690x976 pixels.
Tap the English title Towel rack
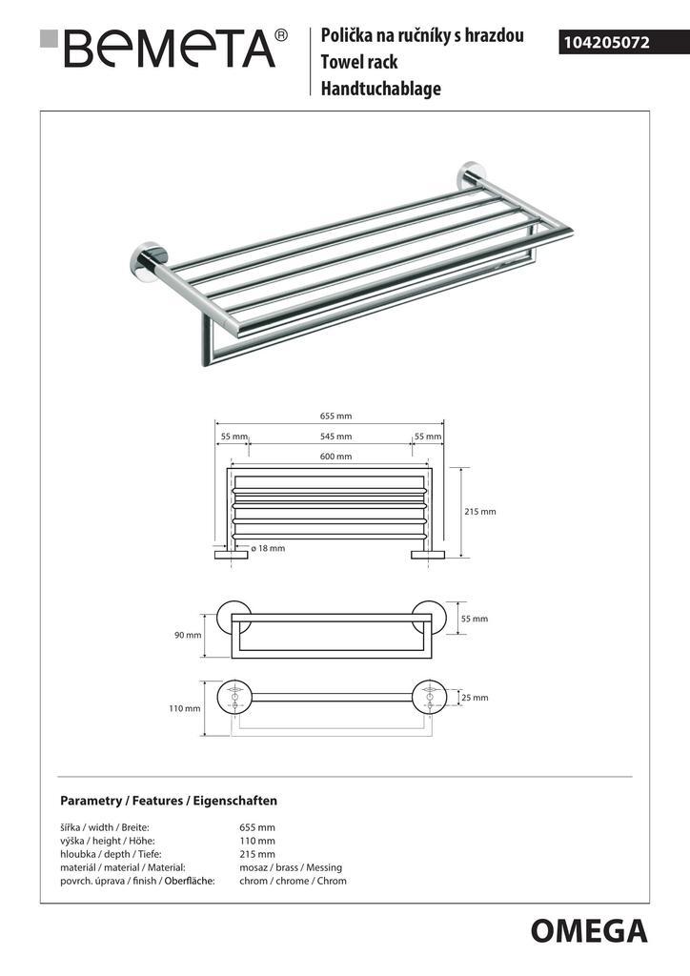point(359,63)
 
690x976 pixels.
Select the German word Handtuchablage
point(381,90)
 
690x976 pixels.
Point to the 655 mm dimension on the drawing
point(336,416)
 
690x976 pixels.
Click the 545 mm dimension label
point(336,437)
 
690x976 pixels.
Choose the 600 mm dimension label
point(336,457)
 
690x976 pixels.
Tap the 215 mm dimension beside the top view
point(480,512)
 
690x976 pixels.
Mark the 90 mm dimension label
point(188,636)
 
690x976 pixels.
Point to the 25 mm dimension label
point(474,698)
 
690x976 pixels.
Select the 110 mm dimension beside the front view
point(186,708)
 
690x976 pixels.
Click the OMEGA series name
point(588,931)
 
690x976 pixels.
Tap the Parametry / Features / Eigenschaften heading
point(169,801)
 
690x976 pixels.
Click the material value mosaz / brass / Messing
point(291,867)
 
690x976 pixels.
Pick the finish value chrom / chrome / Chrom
point(293,881)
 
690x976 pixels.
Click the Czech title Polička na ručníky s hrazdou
point(422,36)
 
